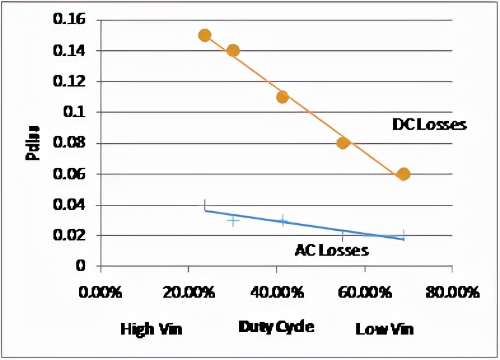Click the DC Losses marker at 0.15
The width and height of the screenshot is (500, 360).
point(205,35)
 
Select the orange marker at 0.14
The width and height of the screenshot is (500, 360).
point(233,50)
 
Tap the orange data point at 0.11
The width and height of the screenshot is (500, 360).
point(282,97)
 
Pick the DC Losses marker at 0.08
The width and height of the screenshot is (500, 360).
point(344,142)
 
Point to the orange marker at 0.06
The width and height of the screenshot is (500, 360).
point(403,174)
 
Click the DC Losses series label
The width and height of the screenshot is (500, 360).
point(429,125)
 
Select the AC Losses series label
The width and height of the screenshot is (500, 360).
point(331,250)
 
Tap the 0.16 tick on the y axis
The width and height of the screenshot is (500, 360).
point(69,20)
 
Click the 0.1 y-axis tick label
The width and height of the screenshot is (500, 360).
point(75,113)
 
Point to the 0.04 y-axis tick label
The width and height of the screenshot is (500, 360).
point(69,205)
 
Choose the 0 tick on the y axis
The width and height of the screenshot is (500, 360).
point(81,266)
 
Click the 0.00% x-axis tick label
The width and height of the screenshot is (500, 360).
point(100,294)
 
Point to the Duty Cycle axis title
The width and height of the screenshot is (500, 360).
point(276,327)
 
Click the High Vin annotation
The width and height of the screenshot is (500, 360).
point(151,329)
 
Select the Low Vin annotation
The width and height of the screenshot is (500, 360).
point(384,329)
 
